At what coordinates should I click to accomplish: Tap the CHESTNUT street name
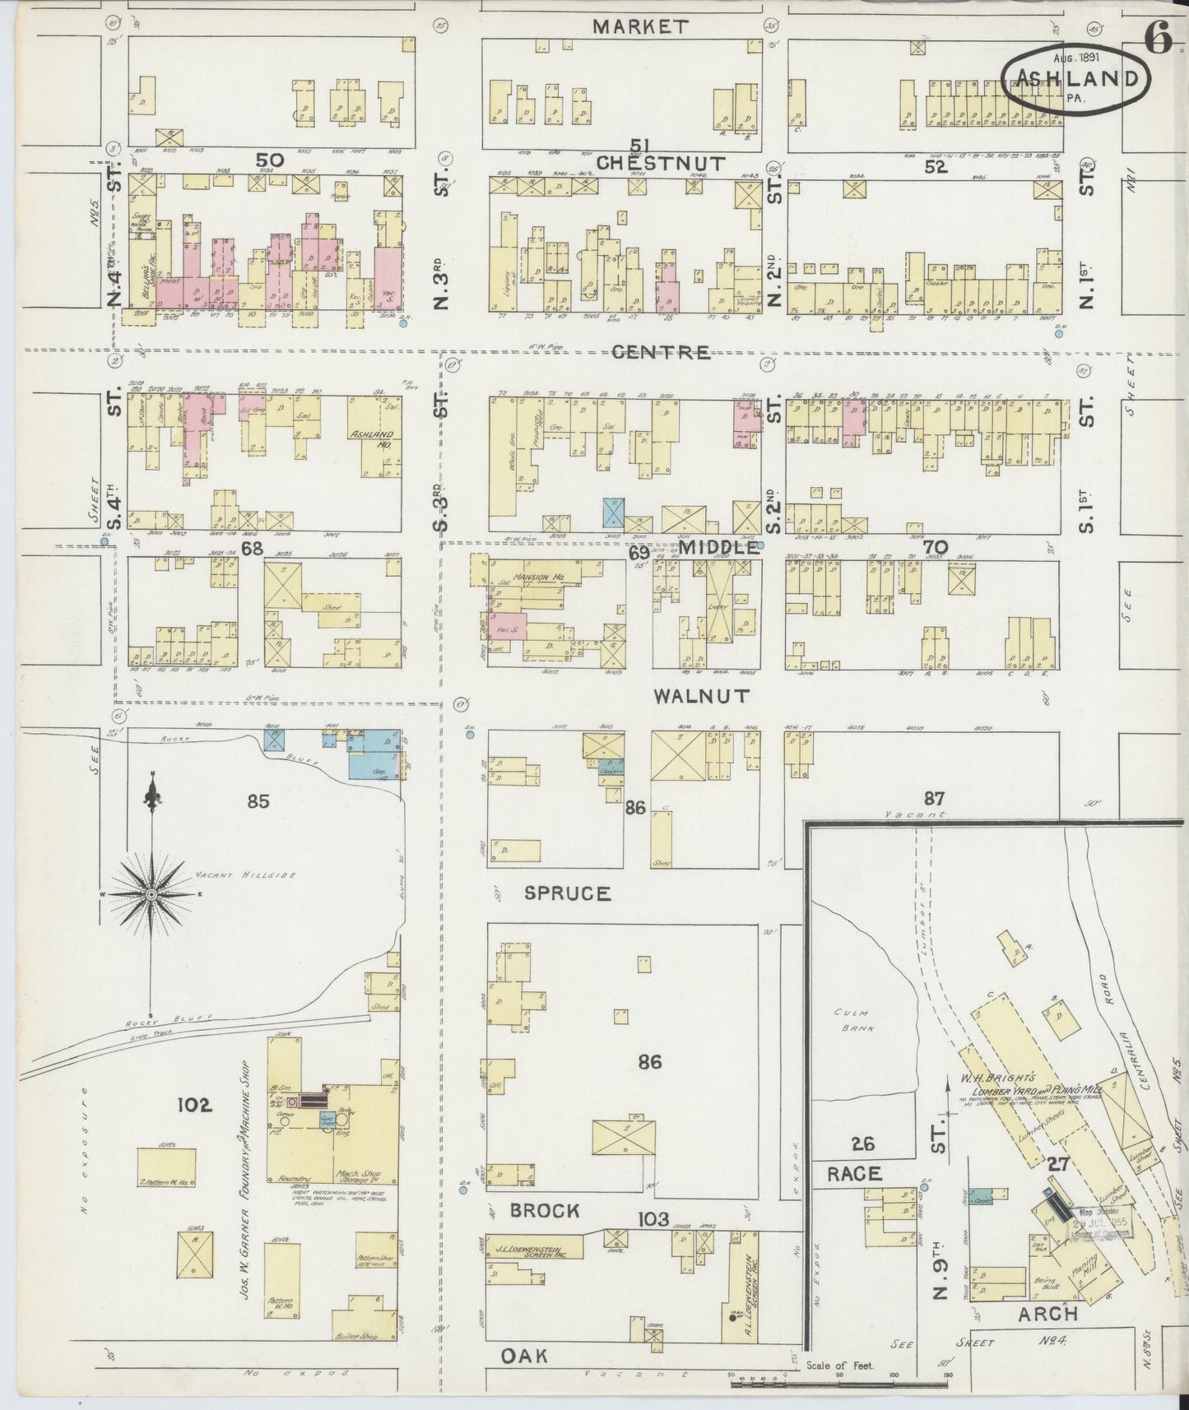[661, 164]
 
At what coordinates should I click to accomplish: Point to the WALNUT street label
[702, 696]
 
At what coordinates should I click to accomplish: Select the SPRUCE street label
[569, 893]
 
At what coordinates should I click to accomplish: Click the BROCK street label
[545, 1210]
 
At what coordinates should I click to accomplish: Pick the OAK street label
[524, 1355]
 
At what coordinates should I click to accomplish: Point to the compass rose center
[153, 894]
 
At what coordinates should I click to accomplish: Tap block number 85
[258, 800]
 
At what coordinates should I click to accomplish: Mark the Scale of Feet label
[840, 1366]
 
